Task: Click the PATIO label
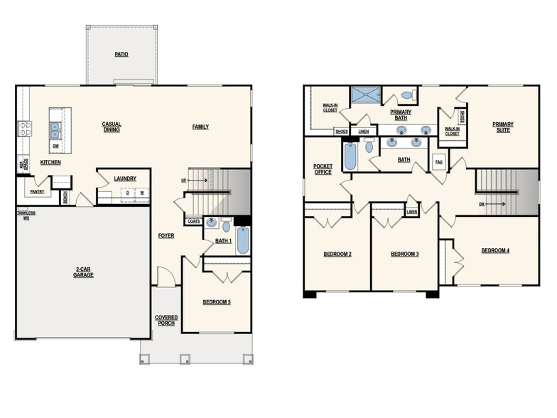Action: [x=121, y=54]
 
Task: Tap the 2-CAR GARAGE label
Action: [x=83, y=272]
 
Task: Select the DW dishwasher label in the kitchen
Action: [x=55, y=146]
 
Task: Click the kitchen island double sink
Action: [x=55, y=130]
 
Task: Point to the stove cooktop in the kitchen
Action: [x=24, y=129]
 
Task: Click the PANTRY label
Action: [x=37, y=191]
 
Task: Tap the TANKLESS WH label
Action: [x=26, y=215]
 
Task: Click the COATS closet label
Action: [x=193, y=222]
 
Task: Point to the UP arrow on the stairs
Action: [x=198, y=181]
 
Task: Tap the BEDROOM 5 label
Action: [x=217, y=302]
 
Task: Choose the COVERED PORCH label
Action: [x=166, y=320]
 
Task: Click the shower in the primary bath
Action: [x=366, y=95]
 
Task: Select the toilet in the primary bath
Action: [x=407, y=95]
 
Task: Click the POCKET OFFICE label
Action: [x=323, y=169]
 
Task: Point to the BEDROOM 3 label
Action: [x=404, y=254]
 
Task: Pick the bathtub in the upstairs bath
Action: [x=350, y=156]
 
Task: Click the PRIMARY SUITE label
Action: [x=503, y=127]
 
